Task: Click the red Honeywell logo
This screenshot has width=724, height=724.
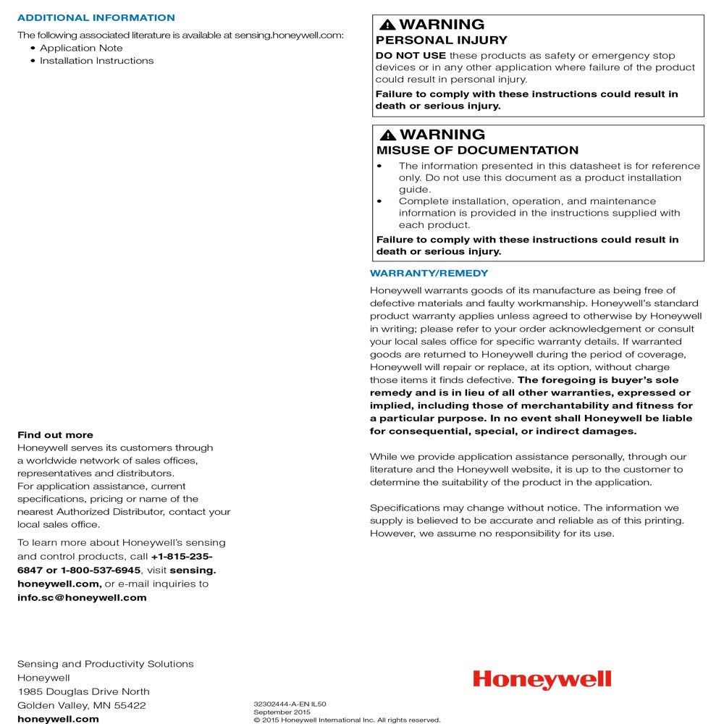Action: pos(542,679)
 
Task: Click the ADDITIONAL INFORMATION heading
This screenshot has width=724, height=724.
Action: pos(96,17)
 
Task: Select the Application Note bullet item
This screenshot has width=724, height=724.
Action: pos(81,48)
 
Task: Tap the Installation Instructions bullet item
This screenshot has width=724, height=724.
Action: pos(96,61)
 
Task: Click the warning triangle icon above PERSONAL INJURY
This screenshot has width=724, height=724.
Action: pos(387,25)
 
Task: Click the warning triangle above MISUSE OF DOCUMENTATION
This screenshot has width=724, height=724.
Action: pos(387,135)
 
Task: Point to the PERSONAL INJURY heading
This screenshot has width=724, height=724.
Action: pos(442,41)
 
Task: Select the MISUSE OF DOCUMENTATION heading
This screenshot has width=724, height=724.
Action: pos(477,151)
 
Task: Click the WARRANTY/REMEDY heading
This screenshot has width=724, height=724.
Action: pos(429,273)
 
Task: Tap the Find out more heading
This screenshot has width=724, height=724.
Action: pos(55,435)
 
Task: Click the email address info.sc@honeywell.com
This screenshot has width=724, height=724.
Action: pos(82,597)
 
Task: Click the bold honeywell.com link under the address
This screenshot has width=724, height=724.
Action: pos(58,719)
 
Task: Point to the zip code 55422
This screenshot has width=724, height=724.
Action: pos(130,705)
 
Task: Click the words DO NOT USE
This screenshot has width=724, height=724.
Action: pos(411,56)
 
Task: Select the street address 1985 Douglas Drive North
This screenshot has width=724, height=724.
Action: pos(83,691)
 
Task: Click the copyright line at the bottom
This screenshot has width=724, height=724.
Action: pos(347,720)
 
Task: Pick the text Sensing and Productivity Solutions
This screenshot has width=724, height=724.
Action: pos(105,664)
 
